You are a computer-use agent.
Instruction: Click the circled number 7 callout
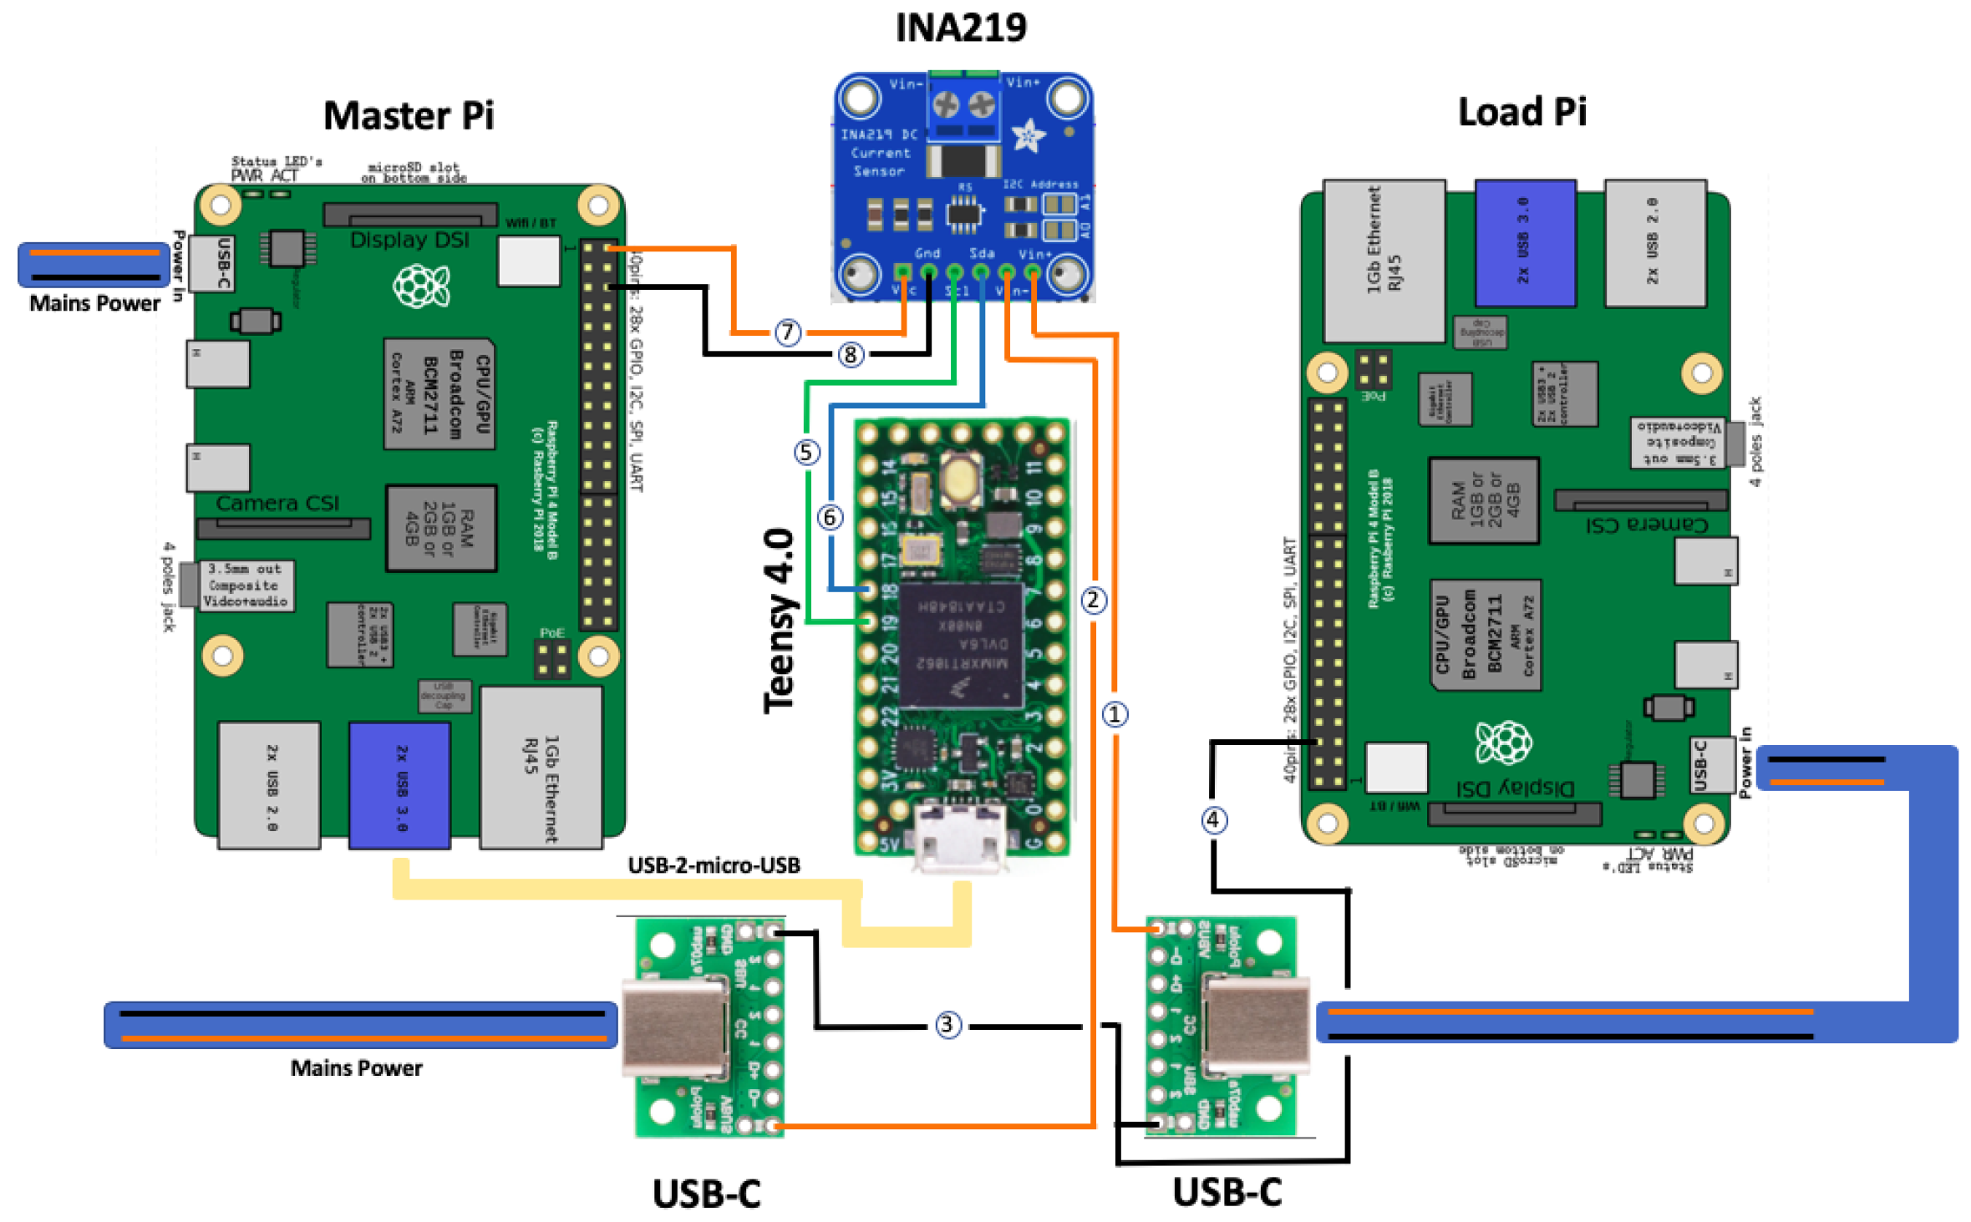click(x=787, y=332)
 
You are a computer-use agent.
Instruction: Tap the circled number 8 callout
click(x=850, y=355)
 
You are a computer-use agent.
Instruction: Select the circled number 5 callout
click(x=806, y=453)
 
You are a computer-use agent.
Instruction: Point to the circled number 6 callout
click(x=830, y=518)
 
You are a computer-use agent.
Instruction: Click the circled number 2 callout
click(x=1094, y=600)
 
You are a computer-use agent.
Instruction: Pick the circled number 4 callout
click(x=1214, y=820)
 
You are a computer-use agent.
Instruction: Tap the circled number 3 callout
click(x=947, y=1025)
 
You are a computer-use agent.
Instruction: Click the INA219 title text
click(x=961, y=28)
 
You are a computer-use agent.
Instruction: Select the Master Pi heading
click(x=409, y=115)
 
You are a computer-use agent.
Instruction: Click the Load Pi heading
click(x=1521, y=112)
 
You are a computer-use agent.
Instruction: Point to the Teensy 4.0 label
click(x=780, y=621)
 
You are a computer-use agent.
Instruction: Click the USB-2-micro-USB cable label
click(x=714, y=865)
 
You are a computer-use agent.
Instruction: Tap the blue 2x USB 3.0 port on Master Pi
click(x=400, y=786)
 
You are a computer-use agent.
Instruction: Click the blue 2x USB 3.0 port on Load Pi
click(x=1525, y=243)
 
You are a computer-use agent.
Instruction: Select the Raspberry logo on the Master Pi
click(x=422, y=286)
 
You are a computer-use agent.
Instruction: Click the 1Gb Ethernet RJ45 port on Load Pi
click(x=1384, y=261)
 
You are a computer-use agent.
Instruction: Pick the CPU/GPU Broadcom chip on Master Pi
click(x=439, y=393)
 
